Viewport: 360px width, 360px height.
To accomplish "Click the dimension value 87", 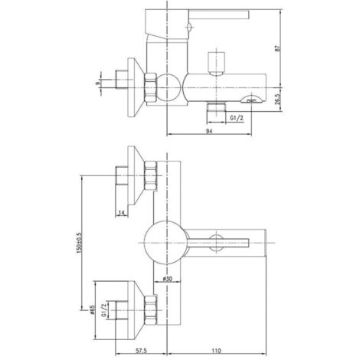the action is coord(278,48).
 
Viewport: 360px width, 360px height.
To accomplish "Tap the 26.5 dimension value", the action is coord(278,99).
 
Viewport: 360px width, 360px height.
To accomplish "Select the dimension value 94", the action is coord(209,131).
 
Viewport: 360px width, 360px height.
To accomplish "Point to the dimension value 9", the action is coord(97,83).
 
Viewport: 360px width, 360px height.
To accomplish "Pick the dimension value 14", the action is coord(122,212).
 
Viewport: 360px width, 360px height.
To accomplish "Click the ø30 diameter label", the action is coord(167,279).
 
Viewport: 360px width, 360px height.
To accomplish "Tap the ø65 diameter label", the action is coord(92,310).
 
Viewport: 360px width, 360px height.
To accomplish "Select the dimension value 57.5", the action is coord(142,351).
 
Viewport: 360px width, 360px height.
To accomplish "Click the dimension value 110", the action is coord(216,351).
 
